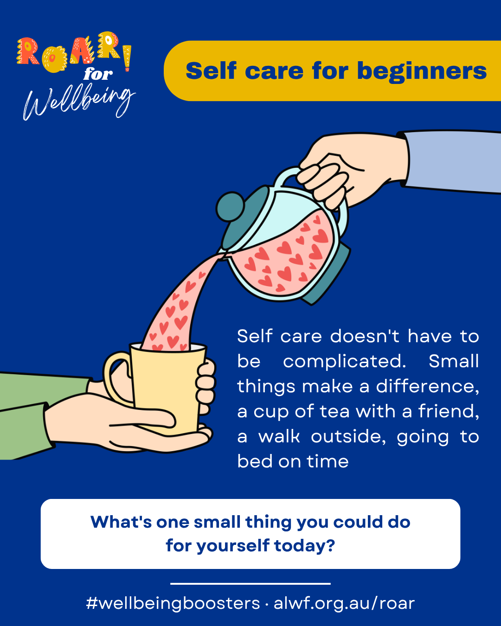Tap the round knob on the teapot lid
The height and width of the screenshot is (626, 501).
point(230,206)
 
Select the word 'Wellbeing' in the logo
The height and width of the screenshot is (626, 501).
point(78,102)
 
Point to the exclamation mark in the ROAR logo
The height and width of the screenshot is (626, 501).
point(127,58)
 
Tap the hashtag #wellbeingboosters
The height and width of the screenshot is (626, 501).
point(173,603)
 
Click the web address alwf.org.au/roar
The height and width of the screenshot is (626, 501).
point(344,603)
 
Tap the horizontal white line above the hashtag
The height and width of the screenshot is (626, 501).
point(250,583)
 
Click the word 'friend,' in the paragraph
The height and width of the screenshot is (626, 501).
point(449,412)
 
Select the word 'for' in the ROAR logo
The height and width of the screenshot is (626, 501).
point(98,74)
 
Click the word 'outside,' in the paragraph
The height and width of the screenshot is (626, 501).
point(348,437)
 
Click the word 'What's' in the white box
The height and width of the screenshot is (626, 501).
point(121,522)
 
